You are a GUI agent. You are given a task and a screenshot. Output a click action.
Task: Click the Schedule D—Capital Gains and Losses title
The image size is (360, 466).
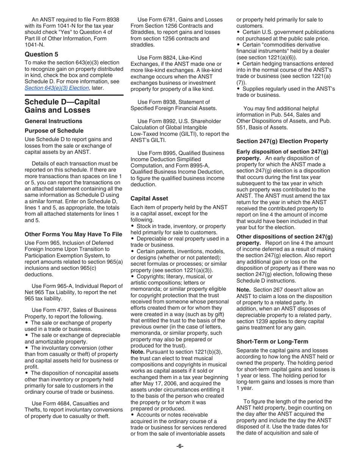click(62, 106)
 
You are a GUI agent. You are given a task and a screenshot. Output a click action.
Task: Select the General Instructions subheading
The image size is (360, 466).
click(53, 121)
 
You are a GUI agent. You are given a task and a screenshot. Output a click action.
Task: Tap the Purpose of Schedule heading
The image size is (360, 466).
click(54, 131)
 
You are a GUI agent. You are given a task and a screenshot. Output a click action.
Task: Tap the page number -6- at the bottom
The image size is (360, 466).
click(180, 446)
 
